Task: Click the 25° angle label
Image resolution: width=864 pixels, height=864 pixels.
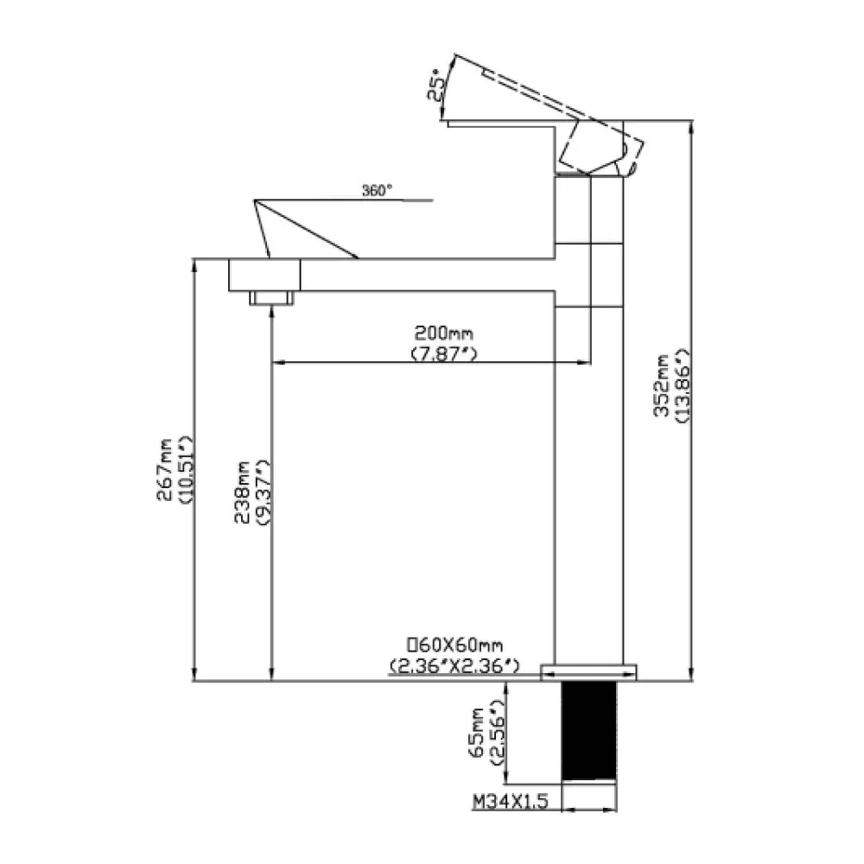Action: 435,85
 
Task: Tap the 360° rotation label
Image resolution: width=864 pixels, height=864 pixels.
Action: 377,191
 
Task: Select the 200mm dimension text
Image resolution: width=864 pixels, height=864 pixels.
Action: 443,334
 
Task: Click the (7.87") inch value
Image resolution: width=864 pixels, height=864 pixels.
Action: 444,353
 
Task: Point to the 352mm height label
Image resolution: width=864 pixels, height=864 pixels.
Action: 661,385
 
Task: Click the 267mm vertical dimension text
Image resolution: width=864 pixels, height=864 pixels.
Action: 165,469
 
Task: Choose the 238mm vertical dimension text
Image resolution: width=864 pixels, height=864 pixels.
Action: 242,492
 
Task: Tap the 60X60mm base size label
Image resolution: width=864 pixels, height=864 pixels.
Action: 454,645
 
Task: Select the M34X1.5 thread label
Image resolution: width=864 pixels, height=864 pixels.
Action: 511,801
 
